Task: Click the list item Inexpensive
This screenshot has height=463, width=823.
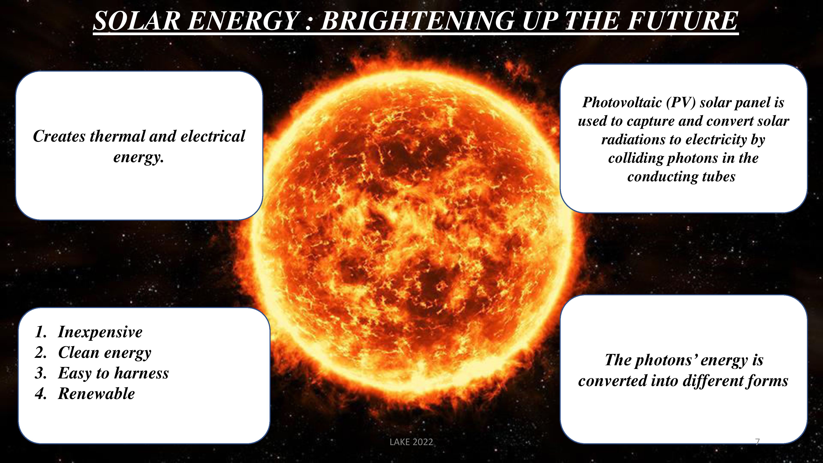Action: (x=100, y=332)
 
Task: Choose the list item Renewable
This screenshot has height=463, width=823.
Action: (x=96, y=394)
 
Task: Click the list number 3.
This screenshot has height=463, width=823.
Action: (x=41, y=373)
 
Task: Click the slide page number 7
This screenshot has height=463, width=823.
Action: (x=757, y=442)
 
